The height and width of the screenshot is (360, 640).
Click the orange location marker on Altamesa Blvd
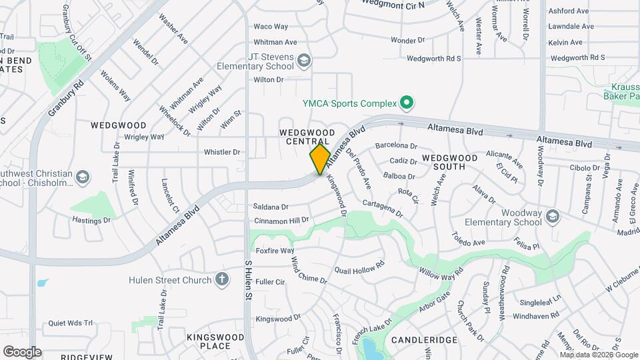coord(320,159)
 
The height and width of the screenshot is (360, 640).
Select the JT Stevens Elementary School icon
coord(304,61)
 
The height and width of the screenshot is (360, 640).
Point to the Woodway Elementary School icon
coord(553,217)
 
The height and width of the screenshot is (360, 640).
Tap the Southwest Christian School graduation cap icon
coord(83,177)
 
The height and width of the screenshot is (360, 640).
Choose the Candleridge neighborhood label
coord(424,340)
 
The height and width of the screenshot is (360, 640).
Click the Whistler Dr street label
coord(221,152)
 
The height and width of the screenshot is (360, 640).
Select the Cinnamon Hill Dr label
coord(281,220)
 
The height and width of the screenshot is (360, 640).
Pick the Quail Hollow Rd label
coord(359,268)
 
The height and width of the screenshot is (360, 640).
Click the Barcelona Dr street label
coord(396,145)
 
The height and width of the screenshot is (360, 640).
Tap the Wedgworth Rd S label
coord(434,59)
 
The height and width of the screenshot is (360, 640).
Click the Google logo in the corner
coord(22,351)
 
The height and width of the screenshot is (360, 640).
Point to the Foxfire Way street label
coord(275,251)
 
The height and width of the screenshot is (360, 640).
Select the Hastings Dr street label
coord(91,219)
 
